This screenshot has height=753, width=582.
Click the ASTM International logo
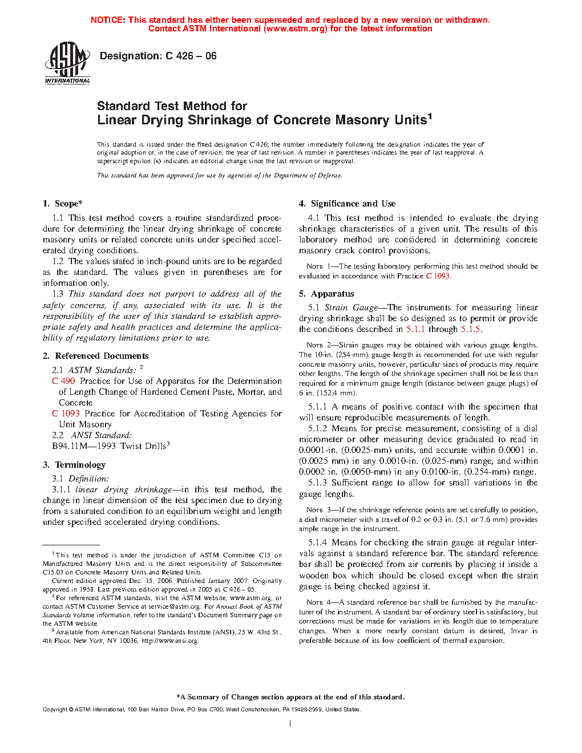click(67, 63)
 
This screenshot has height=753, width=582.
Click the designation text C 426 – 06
click(191, 56)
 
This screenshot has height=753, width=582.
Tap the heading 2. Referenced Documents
click(96, 356)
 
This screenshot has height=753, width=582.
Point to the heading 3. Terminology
click(74, 465)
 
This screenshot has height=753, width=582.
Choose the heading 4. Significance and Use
click(347, 204)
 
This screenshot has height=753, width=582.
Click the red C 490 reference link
click(63, 381)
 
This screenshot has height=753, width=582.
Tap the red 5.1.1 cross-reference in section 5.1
click(415, 330)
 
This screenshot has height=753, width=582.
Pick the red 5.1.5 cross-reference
click(471, 330)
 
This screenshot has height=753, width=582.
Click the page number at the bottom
click(290, 724)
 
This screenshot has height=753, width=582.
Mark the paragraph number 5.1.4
click(317, 543)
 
